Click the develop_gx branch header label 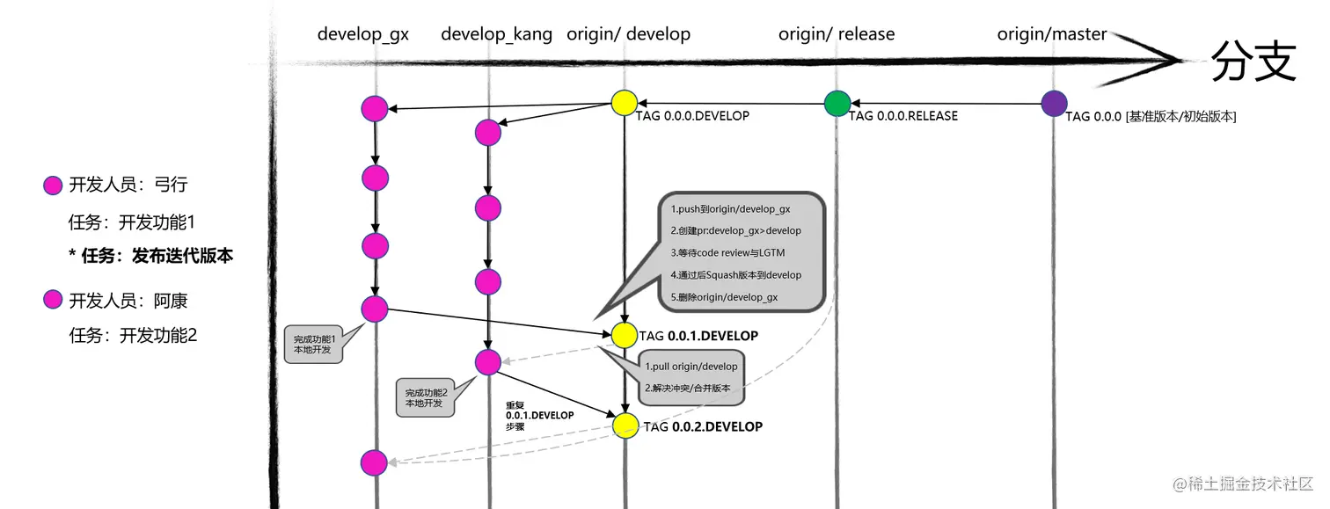(x=362, y=34)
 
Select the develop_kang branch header (x=496, y=34)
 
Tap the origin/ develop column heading (x=628, y=34)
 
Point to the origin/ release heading (x=836, y=34)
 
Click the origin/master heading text (x=1051, y=34)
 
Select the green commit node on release (x=837, y=103)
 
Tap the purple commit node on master (x=1054, y=103)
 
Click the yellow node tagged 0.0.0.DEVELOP (x=624, y=102)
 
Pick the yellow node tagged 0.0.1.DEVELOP (x=624, y=334)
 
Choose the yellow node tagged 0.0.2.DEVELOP (x=625, y=425)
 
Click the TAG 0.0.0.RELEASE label (x=903, y=116)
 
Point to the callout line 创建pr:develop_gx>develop (x=735, y=231)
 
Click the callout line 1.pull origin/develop (x=691, y=366)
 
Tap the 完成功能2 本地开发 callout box (x=426, y=397)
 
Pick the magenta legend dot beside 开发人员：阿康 (x=53, y=302)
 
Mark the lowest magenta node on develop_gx (x=374, y=462)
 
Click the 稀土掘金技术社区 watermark (x=1242, y=485)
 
